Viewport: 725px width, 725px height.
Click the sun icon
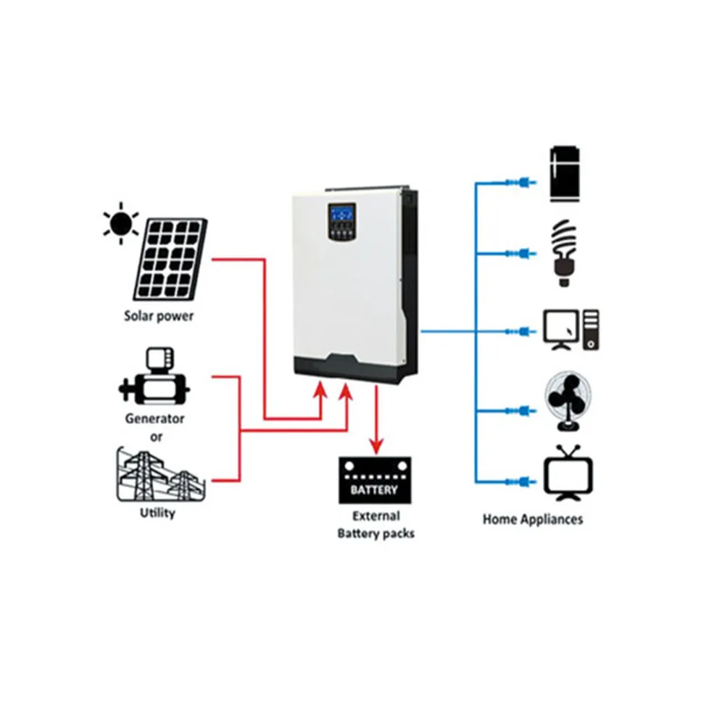[x=121, y=221]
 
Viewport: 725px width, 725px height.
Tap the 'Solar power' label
[x=159, y=317]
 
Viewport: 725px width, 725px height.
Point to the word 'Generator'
[x=154, y=418]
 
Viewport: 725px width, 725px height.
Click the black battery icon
[x=375, y=481]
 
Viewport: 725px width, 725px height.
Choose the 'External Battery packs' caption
[x=376, y=525]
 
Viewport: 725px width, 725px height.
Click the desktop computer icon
[x=571, y=330]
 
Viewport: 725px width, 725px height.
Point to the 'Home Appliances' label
[x=532, y=519]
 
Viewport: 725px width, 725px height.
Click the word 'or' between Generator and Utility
[x=155, y=436]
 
